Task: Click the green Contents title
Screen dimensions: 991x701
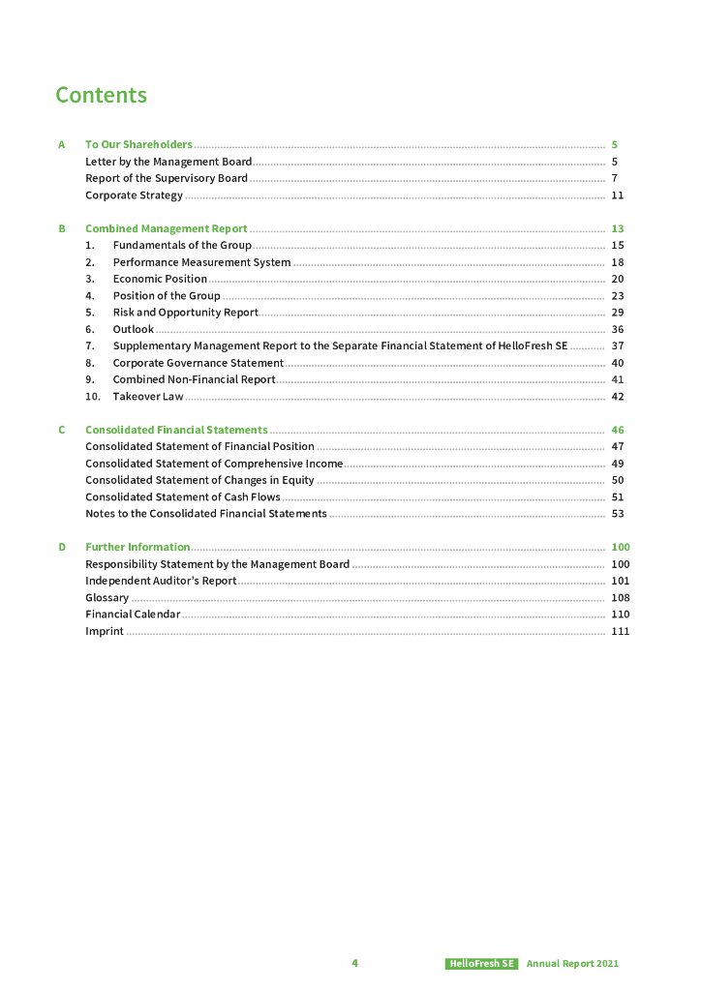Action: coord(101,95)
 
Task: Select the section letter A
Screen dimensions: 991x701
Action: coord(61,145)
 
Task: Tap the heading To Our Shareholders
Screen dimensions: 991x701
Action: coord(138,145)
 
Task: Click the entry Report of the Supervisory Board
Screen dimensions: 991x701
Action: coord(167,178)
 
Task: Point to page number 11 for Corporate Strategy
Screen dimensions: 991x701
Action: coord(617,195)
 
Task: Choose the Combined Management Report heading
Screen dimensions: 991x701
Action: coord(167,229)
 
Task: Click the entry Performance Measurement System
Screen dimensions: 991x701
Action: coord(201,262)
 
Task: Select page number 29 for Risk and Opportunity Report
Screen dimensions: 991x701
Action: coord(617,313)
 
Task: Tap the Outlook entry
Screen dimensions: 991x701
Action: coord(133,329)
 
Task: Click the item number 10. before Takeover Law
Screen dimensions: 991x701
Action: coord(93,397)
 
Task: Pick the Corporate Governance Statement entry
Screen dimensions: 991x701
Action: coord(198,363)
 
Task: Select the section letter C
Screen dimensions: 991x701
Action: coord(61,430)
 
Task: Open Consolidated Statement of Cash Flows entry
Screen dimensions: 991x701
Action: coord(183,497)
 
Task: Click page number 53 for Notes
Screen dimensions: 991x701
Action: coord(617,514)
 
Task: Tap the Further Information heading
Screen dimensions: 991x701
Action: coord(137,548)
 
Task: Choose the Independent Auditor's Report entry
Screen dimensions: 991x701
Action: coord(161,581)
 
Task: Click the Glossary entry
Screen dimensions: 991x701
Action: coord(107,598)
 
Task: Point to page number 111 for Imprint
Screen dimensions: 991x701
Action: coord(620,632)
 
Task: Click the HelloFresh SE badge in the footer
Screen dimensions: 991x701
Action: coord(481,964)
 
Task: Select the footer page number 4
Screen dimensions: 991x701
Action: coord(354,963)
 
